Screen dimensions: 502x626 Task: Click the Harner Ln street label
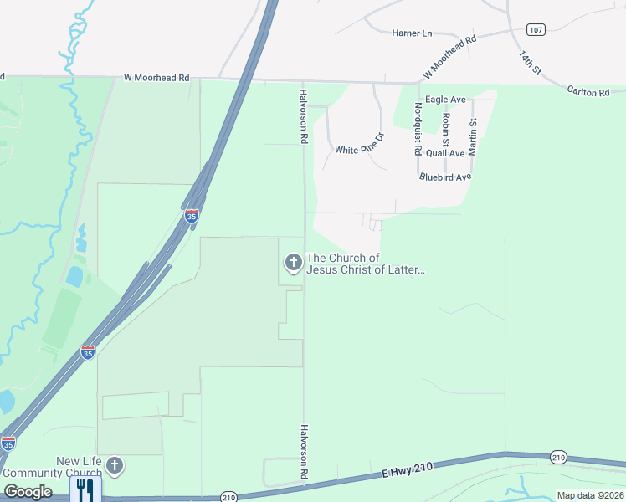pyautogui.click(x=412, y=33)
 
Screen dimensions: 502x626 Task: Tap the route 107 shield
pyautogui.click(x=536, y=29)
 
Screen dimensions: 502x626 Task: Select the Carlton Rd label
pyautogui.click(x=588, y=91)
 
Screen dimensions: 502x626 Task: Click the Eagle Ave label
pyautogui.click(x=445, y=100)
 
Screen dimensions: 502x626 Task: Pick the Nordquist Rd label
pyautogui.click(x=418, y=129)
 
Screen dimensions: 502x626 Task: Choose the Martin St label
pyautogui.click(x=473, y=136)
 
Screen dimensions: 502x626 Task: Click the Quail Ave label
pyautogui.click(x=445, y=153)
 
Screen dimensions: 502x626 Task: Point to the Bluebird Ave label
pyautogui.click(x=446, y=177)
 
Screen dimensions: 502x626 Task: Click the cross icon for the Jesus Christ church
pyautogui.click(x=293, y=264)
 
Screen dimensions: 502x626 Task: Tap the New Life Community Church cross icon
pyautogui.click(x=114, y=466)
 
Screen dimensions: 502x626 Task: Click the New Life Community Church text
pyautogui.click(x=80, y=467)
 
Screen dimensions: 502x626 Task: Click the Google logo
pyautogui.click(x=28, y=492)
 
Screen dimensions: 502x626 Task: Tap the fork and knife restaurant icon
pyautogui.click(x=85, y=489)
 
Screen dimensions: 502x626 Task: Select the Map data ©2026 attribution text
pyautogui.click(x=590, y=495)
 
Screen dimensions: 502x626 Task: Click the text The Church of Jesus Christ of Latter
pyautogui.click(x=367, y=264)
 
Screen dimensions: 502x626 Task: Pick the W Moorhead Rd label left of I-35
pyautogui.click(x=156, y=78)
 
